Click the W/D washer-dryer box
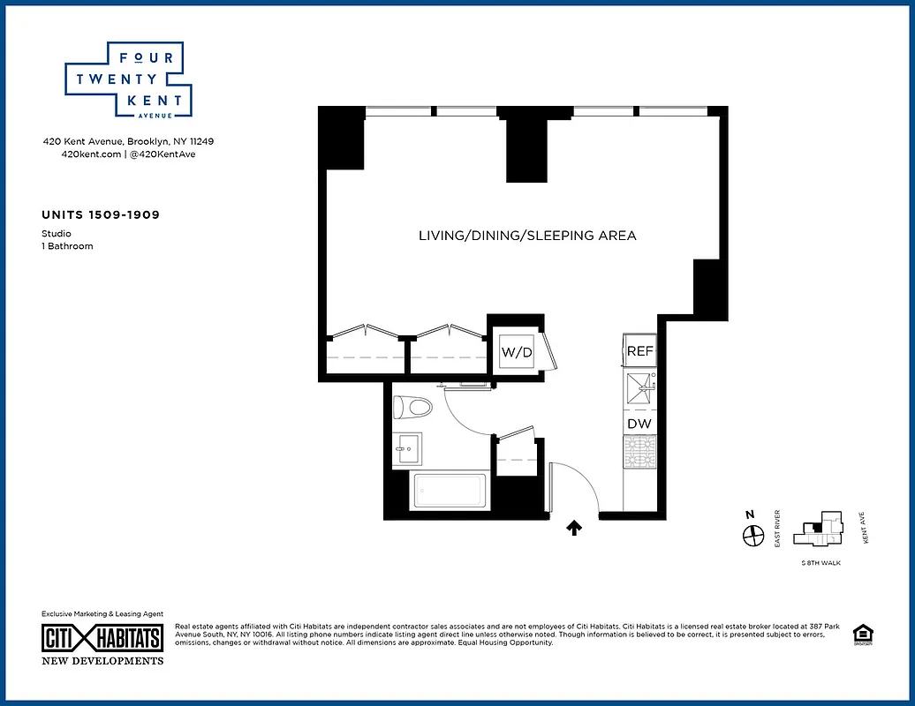[517, 353]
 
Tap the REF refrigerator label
[639, 351]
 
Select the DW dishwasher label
[639, 424]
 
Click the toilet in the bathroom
[413, 407]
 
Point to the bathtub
[450, 490]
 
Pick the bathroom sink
[407, 448]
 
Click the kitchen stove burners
[639, 452]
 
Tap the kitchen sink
[639, 385]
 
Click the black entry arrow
[573, 528]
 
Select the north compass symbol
[752, 535]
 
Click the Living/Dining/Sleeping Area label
[527, 236]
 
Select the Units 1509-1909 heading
[101, 214]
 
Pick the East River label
[777, 529]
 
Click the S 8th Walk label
[820, 562]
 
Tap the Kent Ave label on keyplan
[865, 528]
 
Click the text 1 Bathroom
[67, 246]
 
